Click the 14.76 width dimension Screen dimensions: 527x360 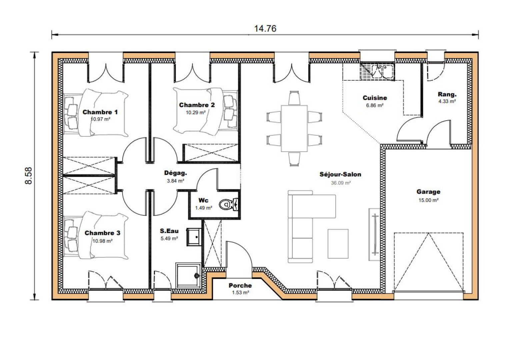tap(265, 28)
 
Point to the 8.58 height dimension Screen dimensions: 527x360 tap(28, 176)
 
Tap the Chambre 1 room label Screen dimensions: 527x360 tap(100, 112)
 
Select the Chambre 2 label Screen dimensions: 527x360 tap(197, 105)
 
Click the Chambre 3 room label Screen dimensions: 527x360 tap(102, 233)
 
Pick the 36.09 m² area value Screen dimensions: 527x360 tap(341, 183)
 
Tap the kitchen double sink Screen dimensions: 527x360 tap(383, 71)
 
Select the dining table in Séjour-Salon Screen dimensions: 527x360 tap(294, 128)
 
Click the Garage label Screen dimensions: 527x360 tap(428, 192)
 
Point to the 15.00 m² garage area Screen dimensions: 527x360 tap(428, 200)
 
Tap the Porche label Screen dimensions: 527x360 tap(240, 285)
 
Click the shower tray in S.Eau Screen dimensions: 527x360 tap(188, 276)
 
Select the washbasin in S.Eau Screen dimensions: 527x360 tap(194, 237)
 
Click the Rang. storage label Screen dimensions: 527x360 tap(447, 94)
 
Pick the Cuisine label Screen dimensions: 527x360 tap(375, 98)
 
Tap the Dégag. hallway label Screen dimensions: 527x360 tap(176, 173)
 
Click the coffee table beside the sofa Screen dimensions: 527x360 tap(338, 244)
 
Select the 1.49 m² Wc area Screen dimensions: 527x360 tap(204, 208)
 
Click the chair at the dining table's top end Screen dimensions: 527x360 tap(294, 98)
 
